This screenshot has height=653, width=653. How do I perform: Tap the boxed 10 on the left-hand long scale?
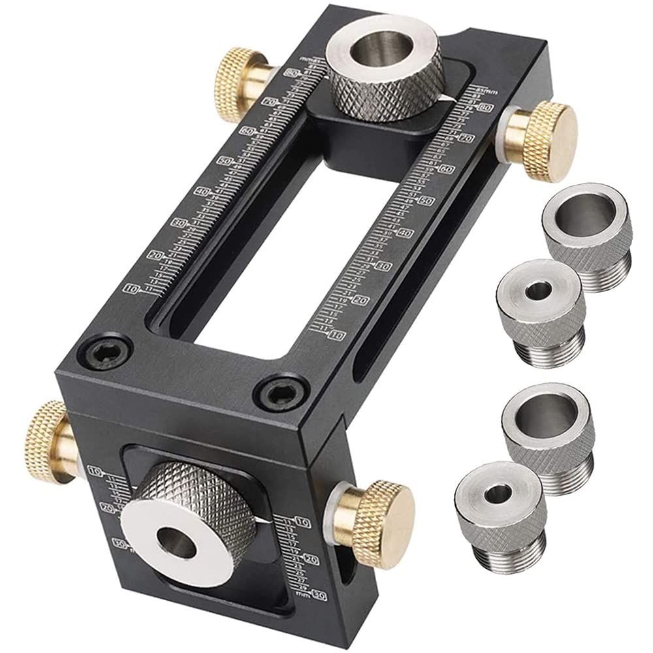pyautogui.click(x=133, y=288)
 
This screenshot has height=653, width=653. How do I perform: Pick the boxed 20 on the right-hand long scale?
pyautogui.click(x=359, y=300)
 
